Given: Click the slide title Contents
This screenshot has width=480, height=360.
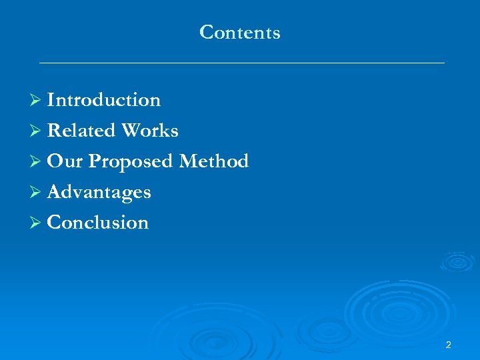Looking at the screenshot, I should coord(240,32).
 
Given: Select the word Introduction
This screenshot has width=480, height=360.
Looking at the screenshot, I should coord(104,100).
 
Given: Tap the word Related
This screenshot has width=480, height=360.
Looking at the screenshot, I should coord(81,131).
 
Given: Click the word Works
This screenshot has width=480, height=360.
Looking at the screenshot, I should coord(149,131).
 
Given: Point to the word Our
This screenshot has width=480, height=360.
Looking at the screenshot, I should coord(65,161).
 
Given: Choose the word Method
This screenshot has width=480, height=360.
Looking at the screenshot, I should coord(213,161).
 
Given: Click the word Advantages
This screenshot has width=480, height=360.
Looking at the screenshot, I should coord(99,193).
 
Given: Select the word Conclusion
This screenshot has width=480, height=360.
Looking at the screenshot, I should coord(98,223).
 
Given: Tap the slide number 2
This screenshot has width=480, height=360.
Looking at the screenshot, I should coord(448,345).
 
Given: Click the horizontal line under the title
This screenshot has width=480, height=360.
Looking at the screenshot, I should coord(241,63).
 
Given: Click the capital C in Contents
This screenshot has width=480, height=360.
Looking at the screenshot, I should coord(206,32).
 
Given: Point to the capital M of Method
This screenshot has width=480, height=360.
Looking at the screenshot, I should coord(188,161).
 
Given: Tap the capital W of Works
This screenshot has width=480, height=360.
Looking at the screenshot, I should coord(130,131).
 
